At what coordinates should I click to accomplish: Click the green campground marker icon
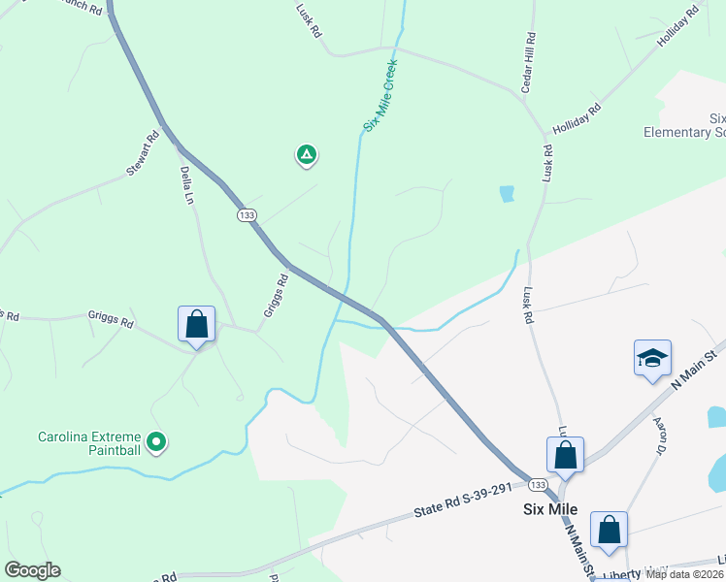point(306,154)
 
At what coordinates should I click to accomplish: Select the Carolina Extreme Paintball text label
point(89,443)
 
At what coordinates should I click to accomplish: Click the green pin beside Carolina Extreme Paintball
point(155,443)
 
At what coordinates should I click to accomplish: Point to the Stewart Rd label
point(143,155)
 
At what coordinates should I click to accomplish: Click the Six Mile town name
point(550,509)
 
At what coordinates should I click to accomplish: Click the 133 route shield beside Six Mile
point(539,484)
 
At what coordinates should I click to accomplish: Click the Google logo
point(32,570)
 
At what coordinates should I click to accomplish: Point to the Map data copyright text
point(685,574)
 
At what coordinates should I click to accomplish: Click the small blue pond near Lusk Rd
point(506,194)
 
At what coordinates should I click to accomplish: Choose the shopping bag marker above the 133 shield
point(565,454)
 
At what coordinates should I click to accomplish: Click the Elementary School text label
point(685,132)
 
